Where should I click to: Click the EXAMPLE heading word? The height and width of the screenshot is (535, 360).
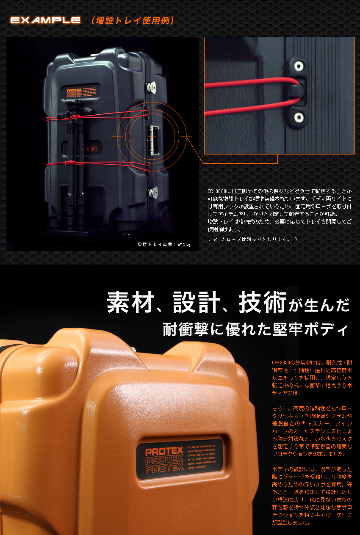tap(45, 20)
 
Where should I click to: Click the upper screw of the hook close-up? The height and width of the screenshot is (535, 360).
tap(299, 66)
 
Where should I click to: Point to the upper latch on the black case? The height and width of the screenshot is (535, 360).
tap(152, 88)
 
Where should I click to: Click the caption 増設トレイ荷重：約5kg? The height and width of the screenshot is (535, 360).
tap(164, 244)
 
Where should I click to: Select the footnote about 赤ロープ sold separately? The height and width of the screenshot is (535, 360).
tap(252, 239)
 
